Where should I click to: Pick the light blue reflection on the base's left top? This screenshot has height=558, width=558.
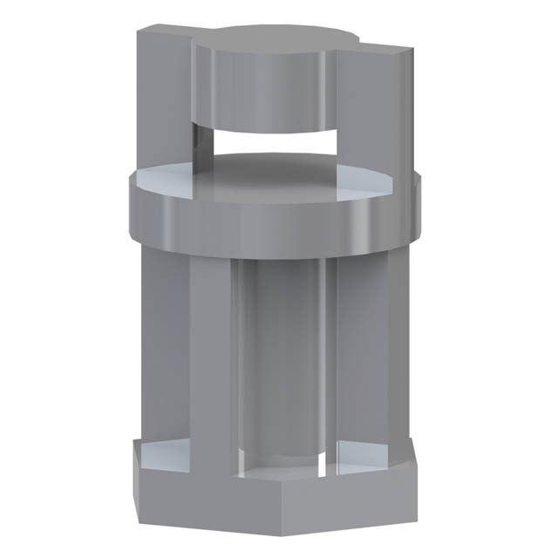[162, 453]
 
